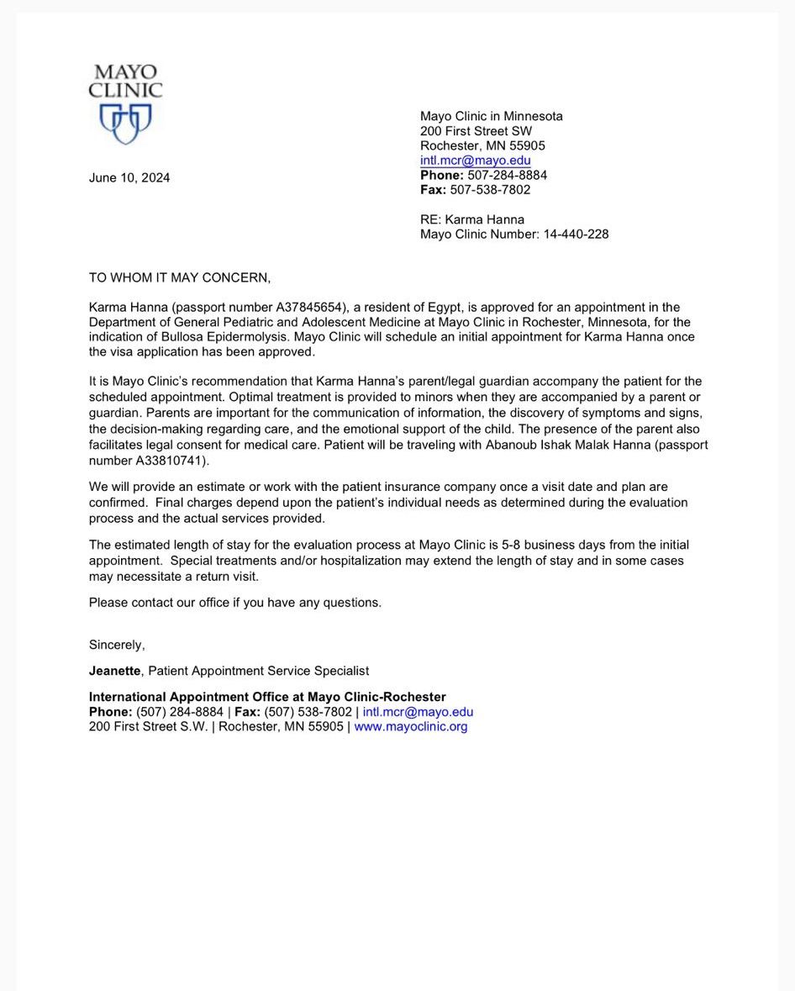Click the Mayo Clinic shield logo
coord(125,123)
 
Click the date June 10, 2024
coord(129,177)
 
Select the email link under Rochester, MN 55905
coord(475,161)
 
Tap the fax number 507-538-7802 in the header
coord(490,190)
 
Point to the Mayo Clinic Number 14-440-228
coord(574,235)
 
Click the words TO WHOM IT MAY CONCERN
coord(180,278)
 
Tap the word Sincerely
coord(117,645)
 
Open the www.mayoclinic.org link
coord(410,727)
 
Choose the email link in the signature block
coord(418,712)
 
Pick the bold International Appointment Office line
coord(267,697)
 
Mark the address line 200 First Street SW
coord(476,131)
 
